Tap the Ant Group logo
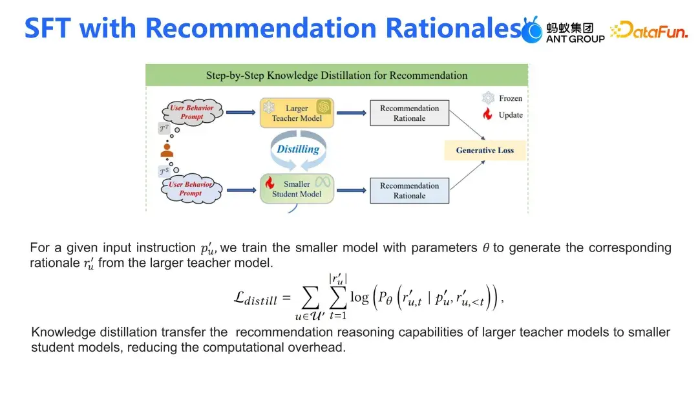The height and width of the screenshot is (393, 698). [x=564, y=30]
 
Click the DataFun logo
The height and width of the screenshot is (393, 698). [x=649, y=30]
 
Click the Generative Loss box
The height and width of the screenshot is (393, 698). [x=485, y=150]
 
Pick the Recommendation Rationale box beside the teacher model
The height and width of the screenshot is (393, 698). [x=409, y=113]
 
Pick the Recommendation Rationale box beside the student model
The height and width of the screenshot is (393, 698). [x=409, y=190]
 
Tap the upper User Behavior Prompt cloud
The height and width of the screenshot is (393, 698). [x=191, y=112]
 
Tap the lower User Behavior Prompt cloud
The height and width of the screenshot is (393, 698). [x=191, y=188]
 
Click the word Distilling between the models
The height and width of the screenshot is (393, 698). [x=298, y=149]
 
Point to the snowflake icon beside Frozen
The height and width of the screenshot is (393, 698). [x=488, y=98]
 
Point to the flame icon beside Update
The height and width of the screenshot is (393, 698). [x=488, y=115]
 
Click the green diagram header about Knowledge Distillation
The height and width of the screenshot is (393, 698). [x=337, y=75]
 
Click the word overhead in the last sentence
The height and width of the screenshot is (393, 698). [x=322, y=347]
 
